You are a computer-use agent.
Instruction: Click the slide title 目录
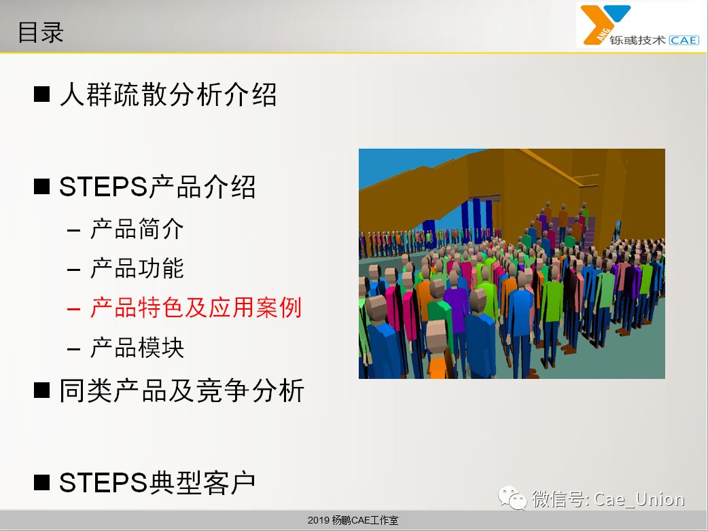coord(41,33)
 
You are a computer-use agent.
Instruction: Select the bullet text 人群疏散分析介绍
coord(168,95)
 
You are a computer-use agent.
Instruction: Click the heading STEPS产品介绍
coord(158,187)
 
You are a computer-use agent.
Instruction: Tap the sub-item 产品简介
coord(137,229)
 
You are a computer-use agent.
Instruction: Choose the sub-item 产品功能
coord(137,268)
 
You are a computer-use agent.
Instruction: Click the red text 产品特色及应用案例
coord(196,308)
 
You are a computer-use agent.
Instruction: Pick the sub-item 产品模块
coord(137,348)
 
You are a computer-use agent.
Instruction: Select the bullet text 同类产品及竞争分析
coord(182,390)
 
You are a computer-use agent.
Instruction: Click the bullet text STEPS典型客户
coord(158,482)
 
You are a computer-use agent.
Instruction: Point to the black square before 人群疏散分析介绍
coord(41,94)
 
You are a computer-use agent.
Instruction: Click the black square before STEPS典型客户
coord(41,482)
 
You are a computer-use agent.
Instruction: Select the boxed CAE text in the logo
coord(684,40)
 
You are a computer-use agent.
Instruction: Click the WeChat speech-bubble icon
coord(512,498)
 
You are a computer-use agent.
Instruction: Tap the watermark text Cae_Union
coord(639,499)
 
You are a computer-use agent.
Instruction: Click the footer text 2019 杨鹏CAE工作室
coord(353,520)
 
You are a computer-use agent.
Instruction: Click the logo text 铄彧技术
coord(637,40)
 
